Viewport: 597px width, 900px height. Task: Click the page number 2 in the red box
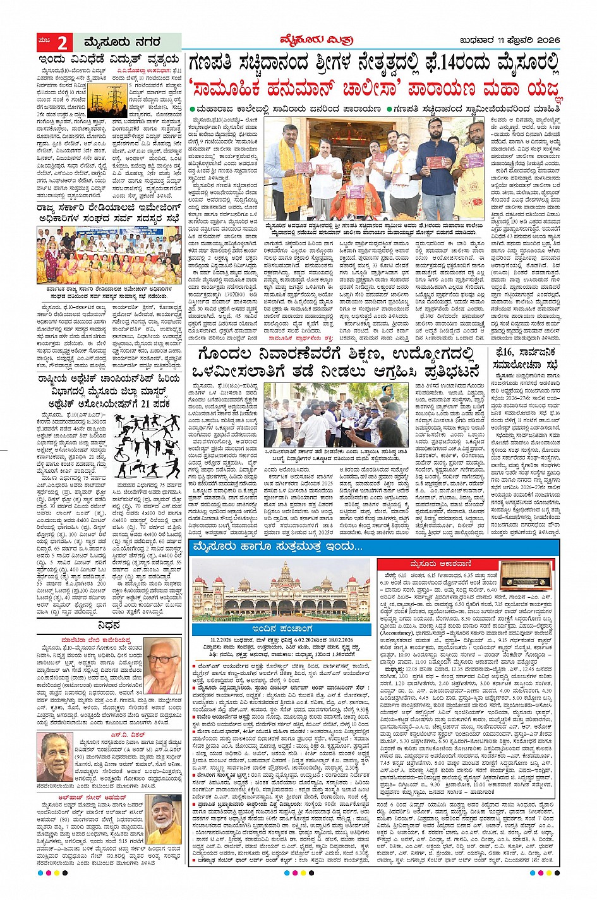tap(63, 43)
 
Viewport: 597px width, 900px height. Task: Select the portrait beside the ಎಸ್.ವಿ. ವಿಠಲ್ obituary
tap(56, 758)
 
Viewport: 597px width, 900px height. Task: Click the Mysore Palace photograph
tap(281, 589)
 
